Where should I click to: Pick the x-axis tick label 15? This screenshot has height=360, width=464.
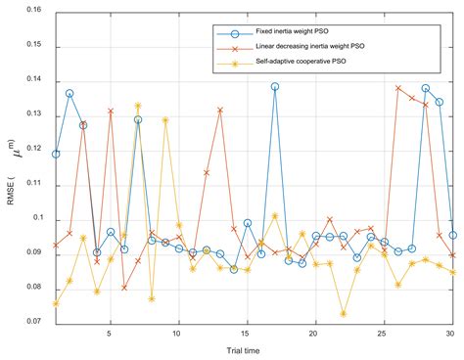(247, 335)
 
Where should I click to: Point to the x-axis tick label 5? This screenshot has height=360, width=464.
(111, 335)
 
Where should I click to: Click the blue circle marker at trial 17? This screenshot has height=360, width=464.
(275, 86)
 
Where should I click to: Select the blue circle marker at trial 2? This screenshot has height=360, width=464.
(70, 93)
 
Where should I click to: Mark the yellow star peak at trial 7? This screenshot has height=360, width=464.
(138, 105)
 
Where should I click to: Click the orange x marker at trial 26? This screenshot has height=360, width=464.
(398, 88)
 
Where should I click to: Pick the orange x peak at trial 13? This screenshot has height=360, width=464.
(220, 110)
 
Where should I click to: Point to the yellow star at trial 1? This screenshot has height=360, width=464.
(56, 303)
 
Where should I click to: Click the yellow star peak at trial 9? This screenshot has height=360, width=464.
(165, 119)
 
